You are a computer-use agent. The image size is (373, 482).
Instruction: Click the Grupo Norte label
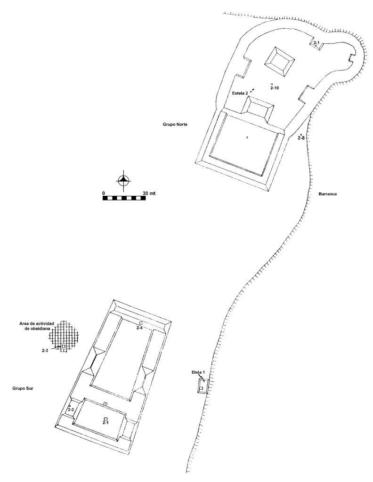click(x=175, y=124)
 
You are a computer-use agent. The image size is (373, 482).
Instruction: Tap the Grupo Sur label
click(x=23, y=388)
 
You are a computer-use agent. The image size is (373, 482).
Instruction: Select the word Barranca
click(x=328, y=194)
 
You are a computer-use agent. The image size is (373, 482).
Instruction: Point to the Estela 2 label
click(x=240, y=93)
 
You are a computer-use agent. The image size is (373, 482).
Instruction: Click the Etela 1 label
click(x=198, y=372)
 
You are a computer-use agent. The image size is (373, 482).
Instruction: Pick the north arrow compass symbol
click(x=123, y=180)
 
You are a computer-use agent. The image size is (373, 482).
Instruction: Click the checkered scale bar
click(x=124, y=198)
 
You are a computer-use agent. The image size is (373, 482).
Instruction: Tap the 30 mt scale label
click(x=149, y=193)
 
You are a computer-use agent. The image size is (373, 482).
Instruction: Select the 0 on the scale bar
click(x=104, y=193)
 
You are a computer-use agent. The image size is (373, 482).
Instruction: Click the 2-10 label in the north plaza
click(x=275, y=88)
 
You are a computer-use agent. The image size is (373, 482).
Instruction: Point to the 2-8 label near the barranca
click(x=301, y=138)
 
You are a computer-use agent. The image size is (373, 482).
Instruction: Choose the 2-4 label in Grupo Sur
click(x=139, y=328)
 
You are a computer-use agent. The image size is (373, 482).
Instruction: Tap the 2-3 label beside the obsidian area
click(x=46, y=350)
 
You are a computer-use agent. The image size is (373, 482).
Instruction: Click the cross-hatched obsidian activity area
click(x=65, y=337)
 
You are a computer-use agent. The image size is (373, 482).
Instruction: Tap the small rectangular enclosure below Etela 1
click(x=203, y=386)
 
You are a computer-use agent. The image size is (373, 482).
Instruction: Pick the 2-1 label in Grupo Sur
click(x=106, y=423)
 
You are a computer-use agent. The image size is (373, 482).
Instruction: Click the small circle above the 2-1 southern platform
click(x=105, y=403)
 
